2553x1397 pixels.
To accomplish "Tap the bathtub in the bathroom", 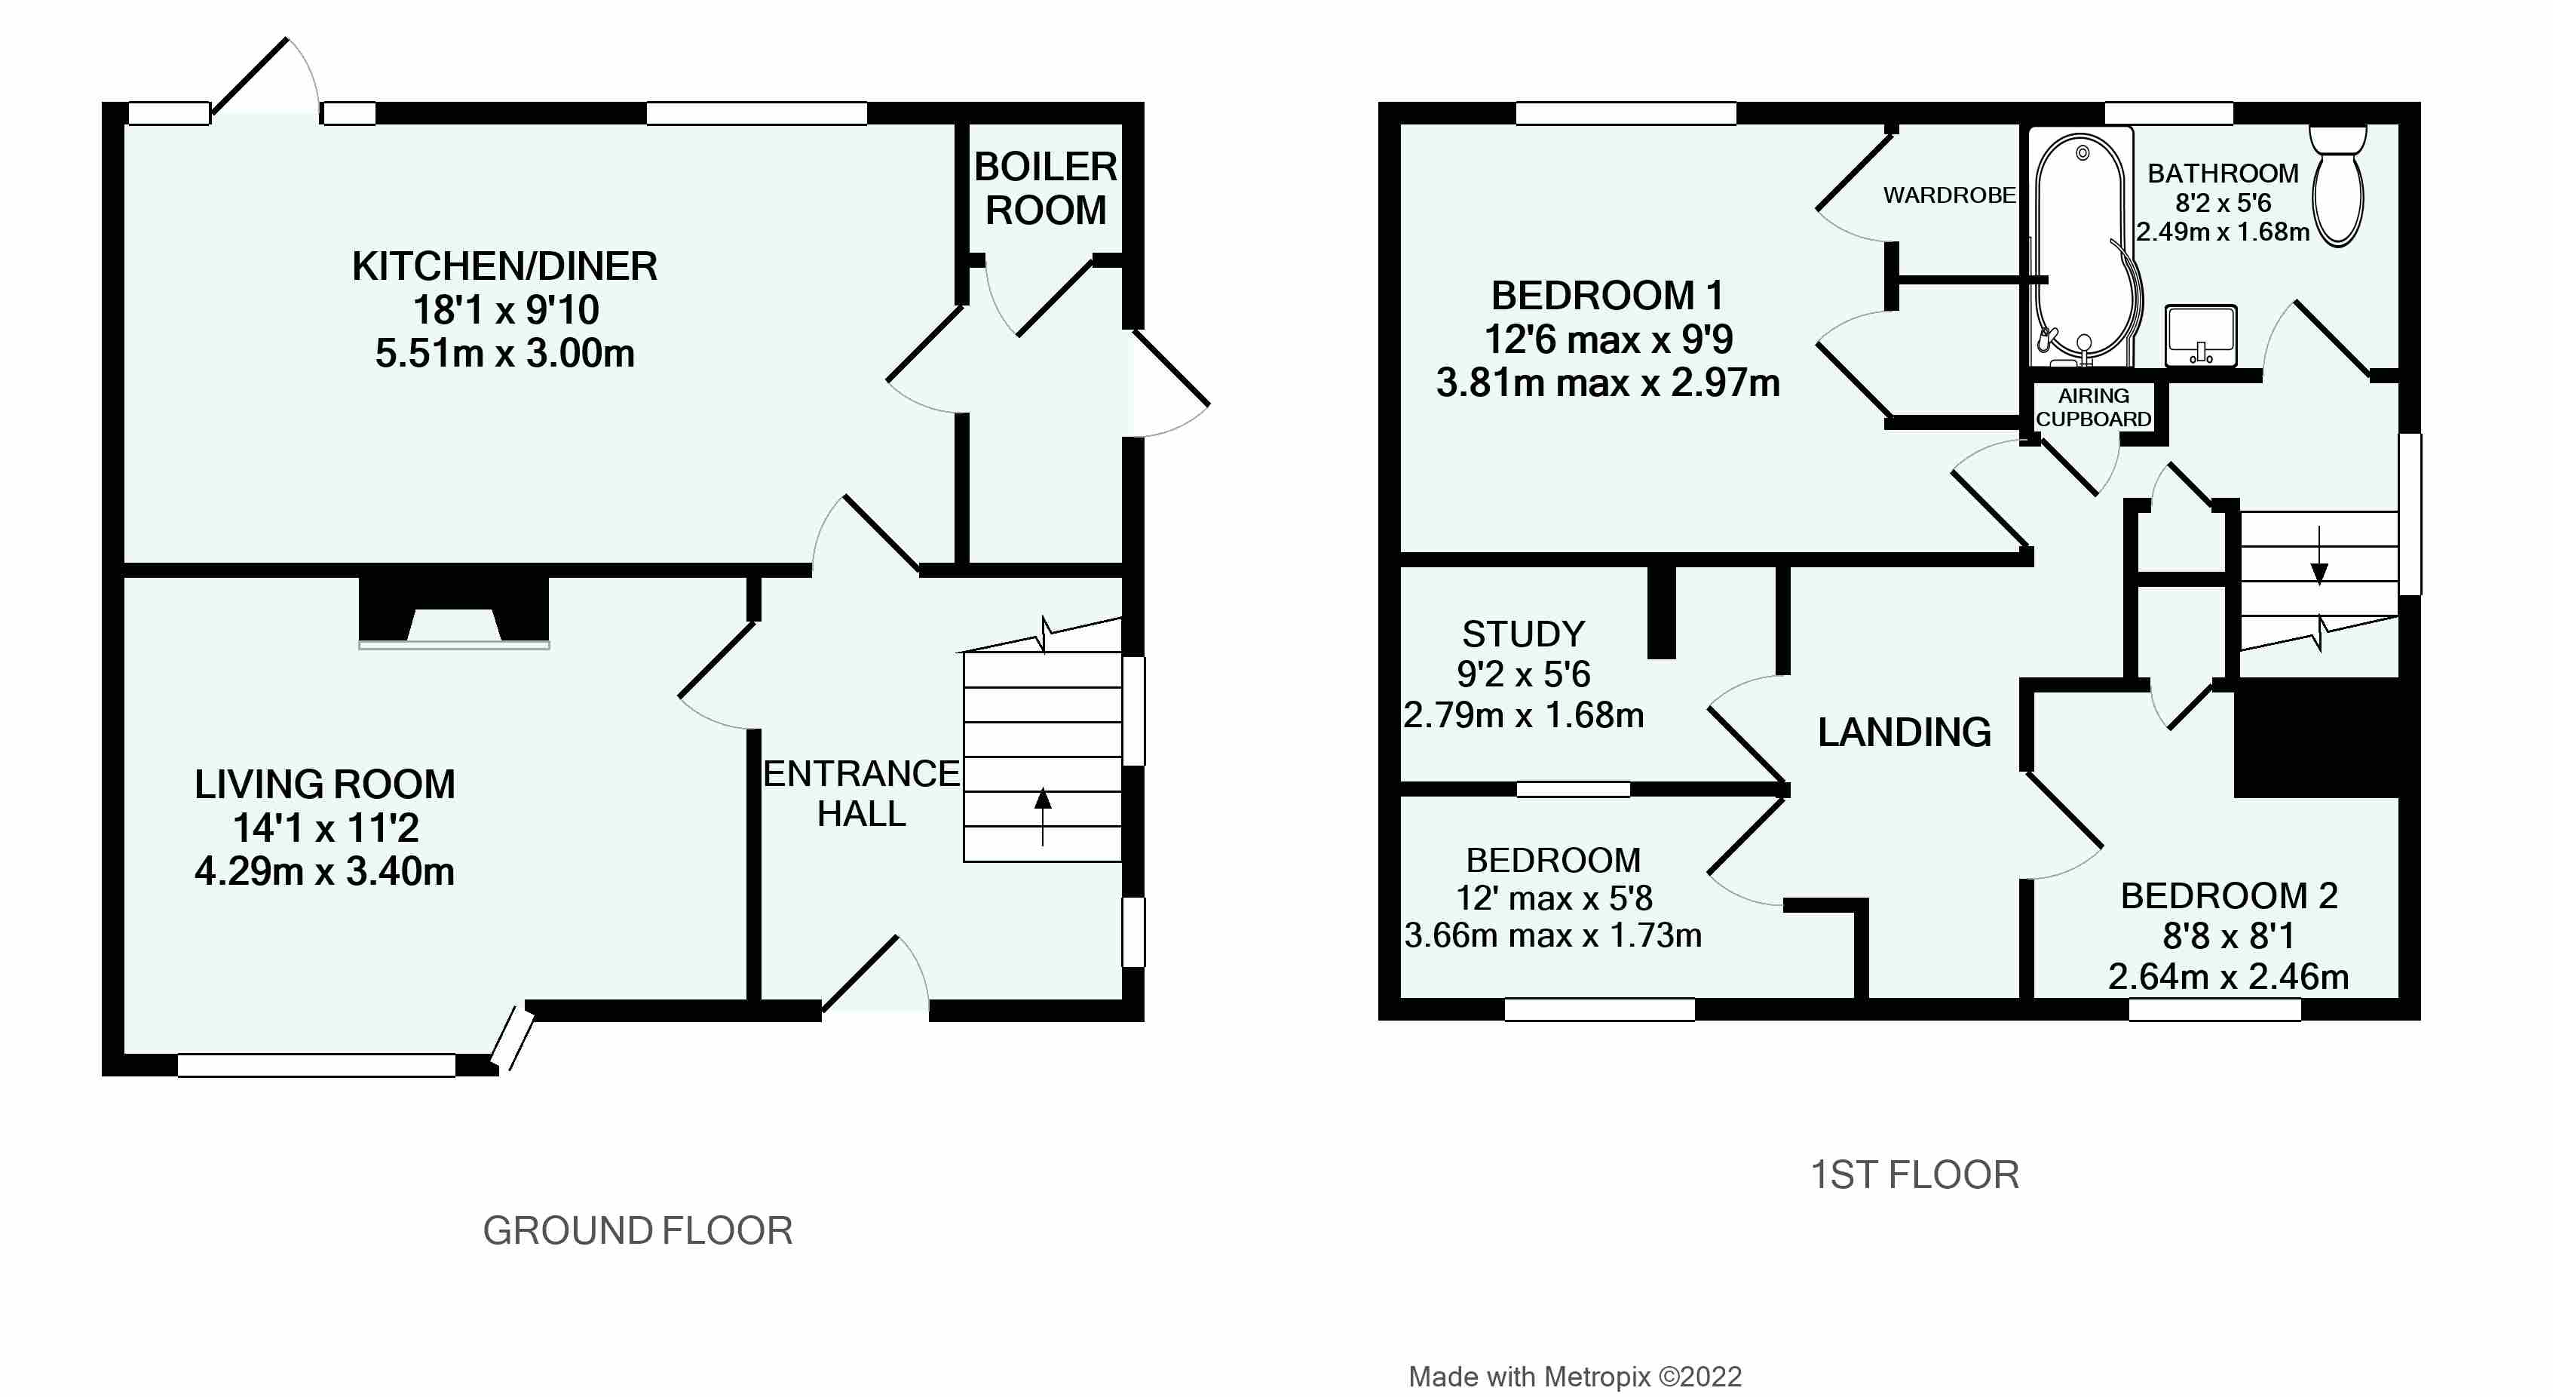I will click(2081, 248).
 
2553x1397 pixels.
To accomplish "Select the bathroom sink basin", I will click(2200, 334).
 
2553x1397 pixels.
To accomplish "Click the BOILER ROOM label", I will click(1046, 189).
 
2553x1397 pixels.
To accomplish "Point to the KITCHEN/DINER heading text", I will click(504, 266).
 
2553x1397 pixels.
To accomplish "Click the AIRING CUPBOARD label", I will click(2093, 407).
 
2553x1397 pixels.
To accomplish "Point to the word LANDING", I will click(1904, 732).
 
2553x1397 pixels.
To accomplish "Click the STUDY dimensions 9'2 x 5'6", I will click(1523, 674).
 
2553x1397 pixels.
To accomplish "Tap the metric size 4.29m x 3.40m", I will click(324, 871).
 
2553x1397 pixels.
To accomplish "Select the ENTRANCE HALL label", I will click(861, 794).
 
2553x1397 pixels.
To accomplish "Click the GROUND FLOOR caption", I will click(637, 1230).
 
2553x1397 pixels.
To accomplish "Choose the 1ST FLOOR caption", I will click(1914, 1175).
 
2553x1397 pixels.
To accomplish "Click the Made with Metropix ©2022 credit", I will click(1575, 1376).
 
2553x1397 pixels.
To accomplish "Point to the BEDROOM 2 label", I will click(2229, 895).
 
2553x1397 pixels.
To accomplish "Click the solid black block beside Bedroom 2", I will click(2316, 738).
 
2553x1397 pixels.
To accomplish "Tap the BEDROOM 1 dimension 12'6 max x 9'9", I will click(1608, 339).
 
